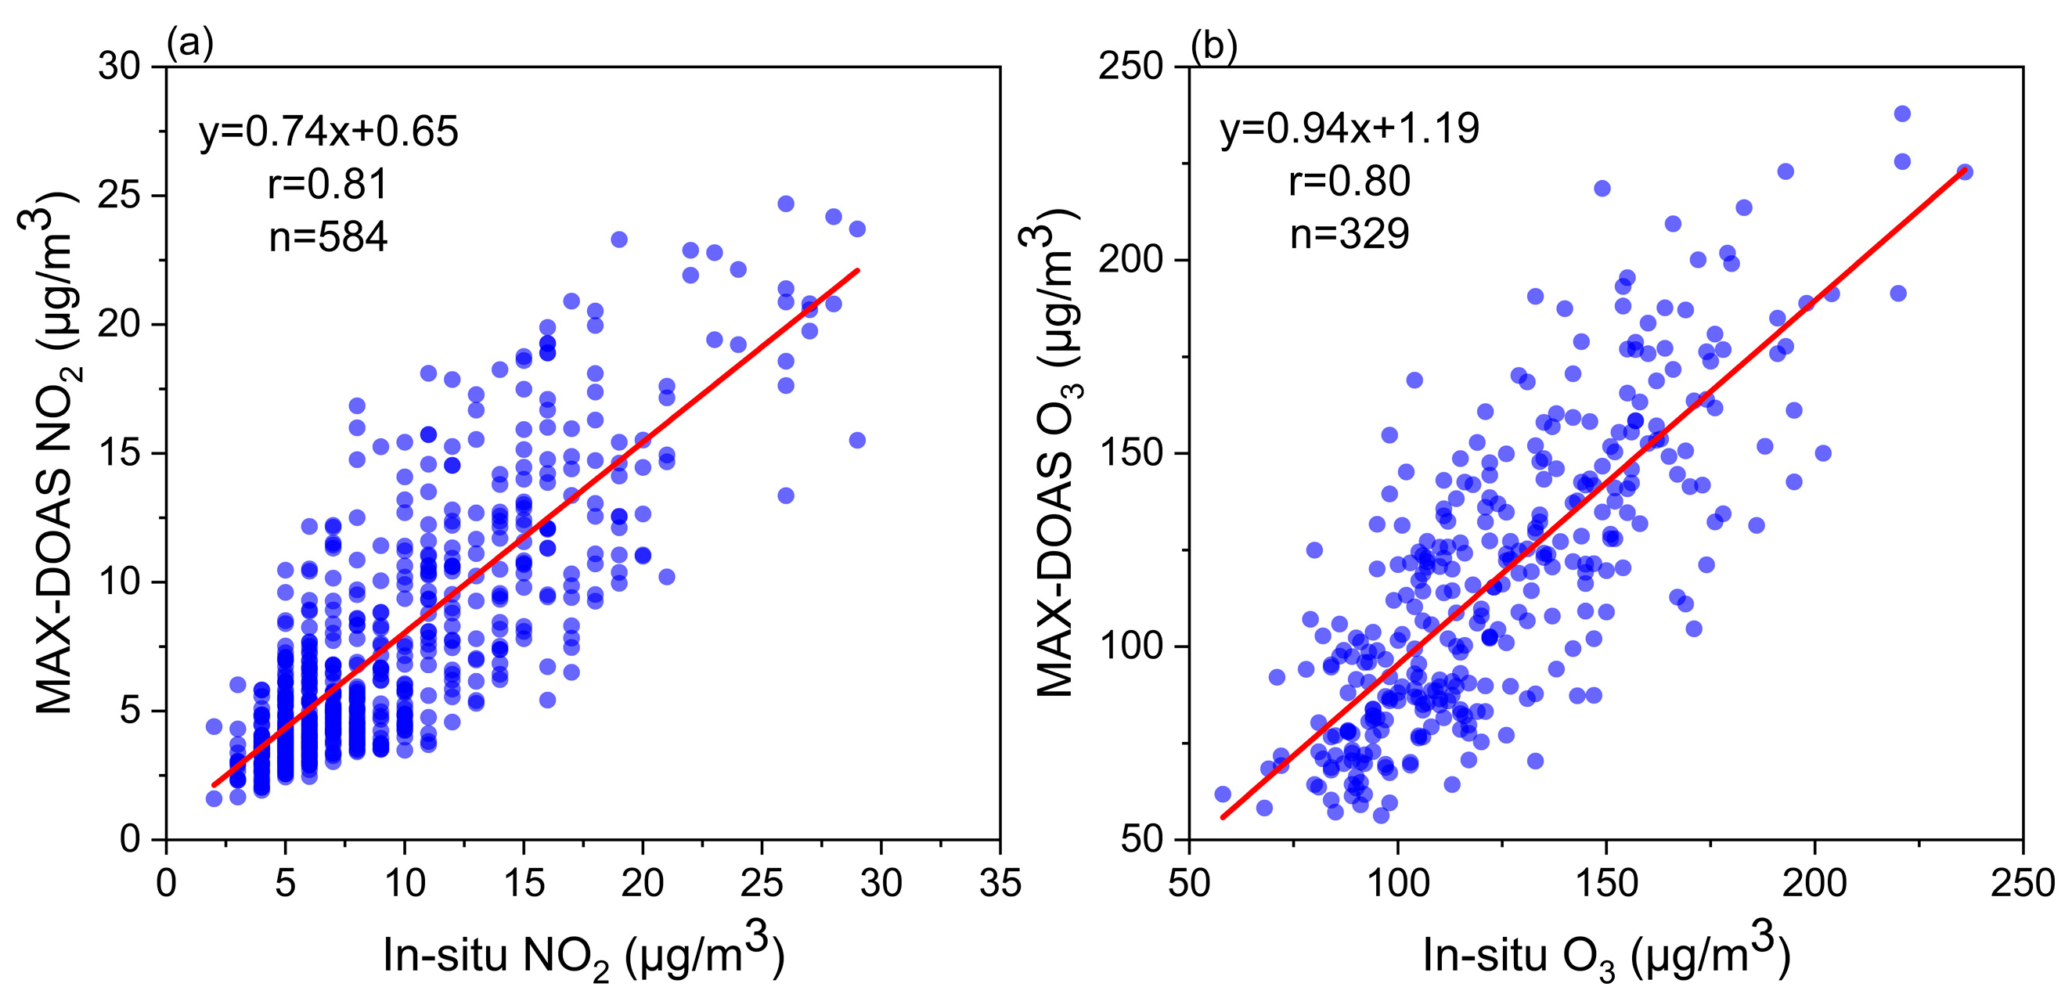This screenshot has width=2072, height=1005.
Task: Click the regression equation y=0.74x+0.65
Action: [x=329, y=131]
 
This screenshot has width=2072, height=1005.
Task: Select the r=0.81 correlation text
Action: [x=328, y=184]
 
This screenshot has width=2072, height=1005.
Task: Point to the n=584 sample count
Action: [x=328, y=236]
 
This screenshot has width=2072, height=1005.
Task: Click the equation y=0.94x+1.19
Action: [x=1350, y=128]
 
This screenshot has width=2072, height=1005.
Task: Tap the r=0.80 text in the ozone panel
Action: [x=1350, y=181]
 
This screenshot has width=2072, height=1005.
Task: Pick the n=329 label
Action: [x=1350, y=234]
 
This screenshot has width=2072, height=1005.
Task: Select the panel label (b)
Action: [x=1214, y=46]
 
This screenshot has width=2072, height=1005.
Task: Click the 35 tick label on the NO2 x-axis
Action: [x=1000, y=884]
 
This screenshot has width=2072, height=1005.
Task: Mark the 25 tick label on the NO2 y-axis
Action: [x=120, y=196]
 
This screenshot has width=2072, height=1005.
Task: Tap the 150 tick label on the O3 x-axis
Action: [x=1606, y=884]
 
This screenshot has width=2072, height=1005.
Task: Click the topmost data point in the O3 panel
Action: [x=1902, y=114]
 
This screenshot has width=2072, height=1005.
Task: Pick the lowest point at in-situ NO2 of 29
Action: [x=857, y=441]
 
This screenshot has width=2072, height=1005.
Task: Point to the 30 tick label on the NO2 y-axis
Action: [x=120, y=67]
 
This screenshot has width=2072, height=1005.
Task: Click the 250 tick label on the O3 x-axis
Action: [x=2022, y=884]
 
